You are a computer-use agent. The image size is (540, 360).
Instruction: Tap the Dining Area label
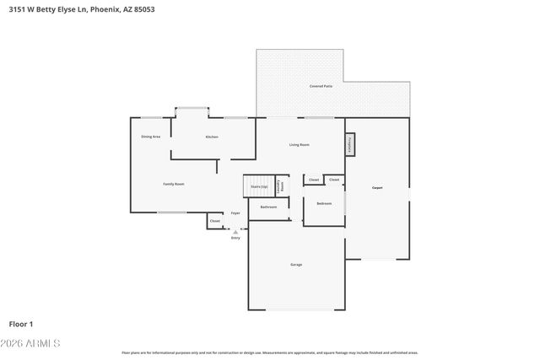150,136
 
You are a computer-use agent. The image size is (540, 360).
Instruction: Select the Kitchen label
212,137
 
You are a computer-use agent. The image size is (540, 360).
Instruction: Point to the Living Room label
299,144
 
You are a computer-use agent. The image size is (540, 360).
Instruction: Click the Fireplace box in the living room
349,144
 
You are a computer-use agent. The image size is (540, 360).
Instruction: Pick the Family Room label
174,184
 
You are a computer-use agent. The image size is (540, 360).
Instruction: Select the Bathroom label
268,207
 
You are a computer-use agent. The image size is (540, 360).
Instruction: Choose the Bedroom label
324,203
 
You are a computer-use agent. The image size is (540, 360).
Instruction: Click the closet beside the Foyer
214,221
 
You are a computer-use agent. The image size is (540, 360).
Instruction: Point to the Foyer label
235,212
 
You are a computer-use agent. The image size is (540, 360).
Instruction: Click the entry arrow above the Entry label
235,231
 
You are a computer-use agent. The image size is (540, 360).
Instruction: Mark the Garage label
296,265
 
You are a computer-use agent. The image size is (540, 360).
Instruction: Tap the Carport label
377,187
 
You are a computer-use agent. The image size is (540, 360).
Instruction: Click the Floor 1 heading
21,323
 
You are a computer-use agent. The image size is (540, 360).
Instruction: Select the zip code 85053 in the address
143,9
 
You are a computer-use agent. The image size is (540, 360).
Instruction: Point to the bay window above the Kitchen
192,108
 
